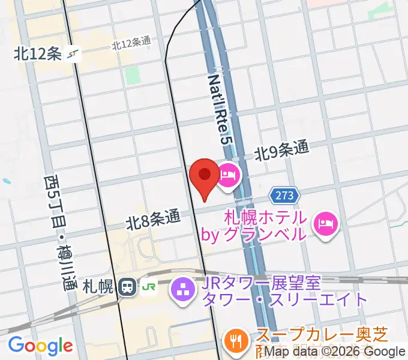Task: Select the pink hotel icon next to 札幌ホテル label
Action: tap(327, 224)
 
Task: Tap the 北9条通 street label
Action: tap(281, 151)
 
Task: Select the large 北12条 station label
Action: tap(38, 54)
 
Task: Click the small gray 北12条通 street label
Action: tap(130, 44)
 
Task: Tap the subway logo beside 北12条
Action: tap(73, 54)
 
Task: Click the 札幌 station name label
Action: tap(98, 287)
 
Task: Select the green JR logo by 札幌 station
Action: tap(148, 287)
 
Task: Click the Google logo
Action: tap(40, 346)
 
